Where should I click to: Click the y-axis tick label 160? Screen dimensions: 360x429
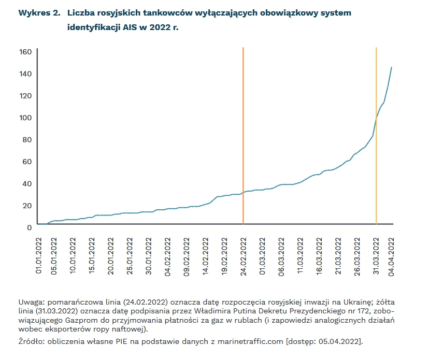click(26, 52)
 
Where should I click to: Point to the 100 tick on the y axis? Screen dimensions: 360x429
click(26, 118)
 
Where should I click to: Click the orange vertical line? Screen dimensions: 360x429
click(243, 129)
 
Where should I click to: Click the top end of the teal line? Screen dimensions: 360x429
click(391, 67)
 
